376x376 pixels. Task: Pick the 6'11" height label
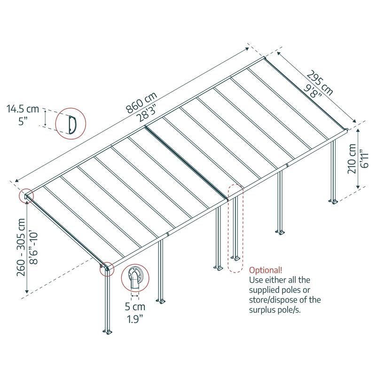point(363,163)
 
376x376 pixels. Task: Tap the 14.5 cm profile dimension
point(23,110)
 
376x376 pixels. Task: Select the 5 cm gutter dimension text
point(135,307)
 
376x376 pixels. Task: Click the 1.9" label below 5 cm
point(135,320)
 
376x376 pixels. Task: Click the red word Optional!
point(266,270)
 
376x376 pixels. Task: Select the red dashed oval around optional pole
point(235,228)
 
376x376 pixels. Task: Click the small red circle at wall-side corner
point(25,196)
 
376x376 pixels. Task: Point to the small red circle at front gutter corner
point(106,268)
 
